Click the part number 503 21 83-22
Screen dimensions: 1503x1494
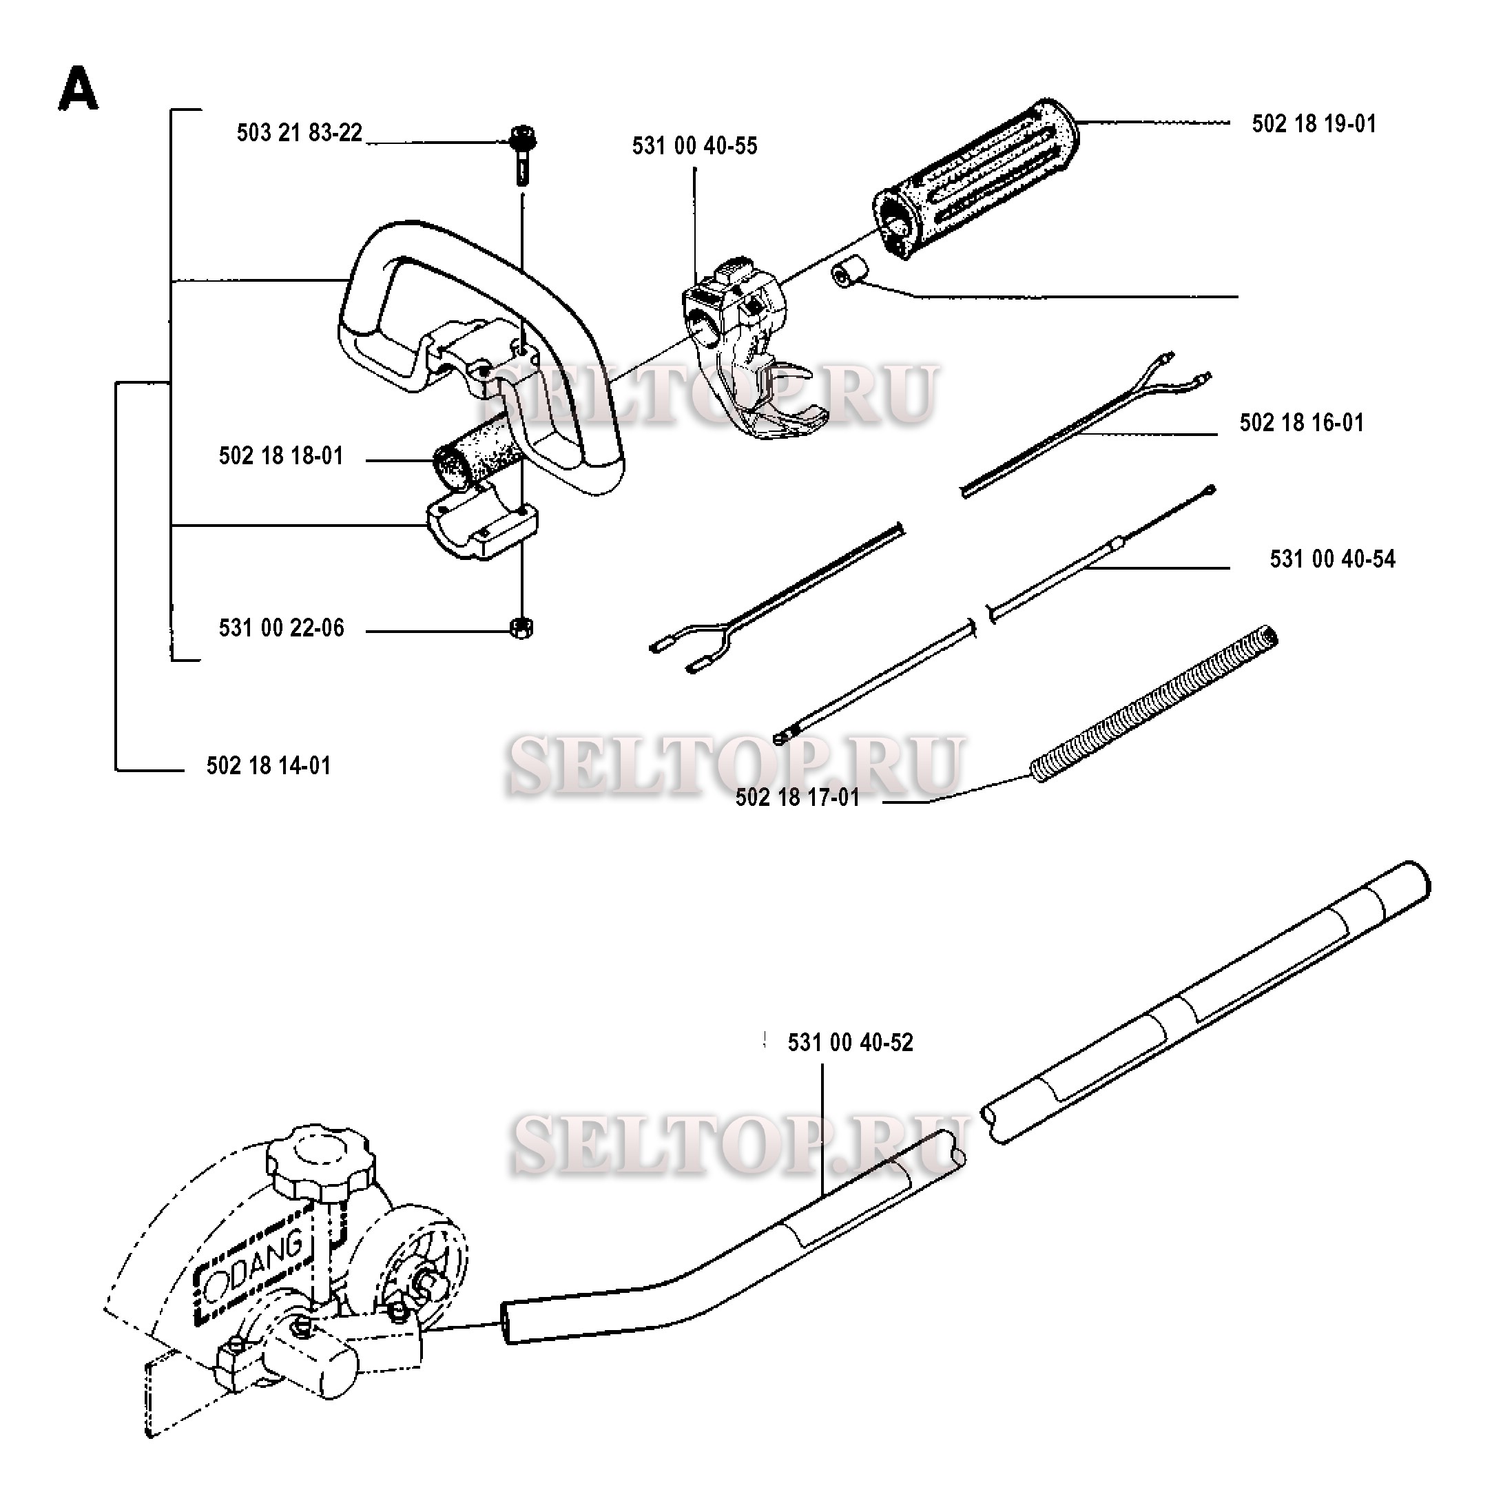click(300, 133)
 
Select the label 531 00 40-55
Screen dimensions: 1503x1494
click(695, 146)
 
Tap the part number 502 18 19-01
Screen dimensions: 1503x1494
click(1314, 124)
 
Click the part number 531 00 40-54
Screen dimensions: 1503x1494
click(1333, 559)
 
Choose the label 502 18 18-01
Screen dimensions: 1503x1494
click(281, 456)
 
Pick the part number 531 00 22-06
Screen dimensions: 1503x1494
click(281, 628)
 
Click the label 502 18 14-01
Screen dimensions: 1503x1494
click(269, 766)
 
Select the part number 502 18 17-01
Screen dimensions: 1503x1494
click(798, 798)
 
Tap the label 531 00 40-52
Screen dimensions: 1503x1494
click(850, 1043)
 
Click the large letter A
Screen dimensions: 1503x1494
click(79, 89)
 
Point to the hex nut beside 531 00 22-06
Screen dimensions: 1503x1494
click(521, 626)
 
